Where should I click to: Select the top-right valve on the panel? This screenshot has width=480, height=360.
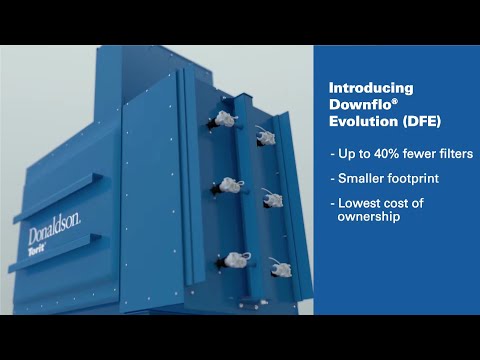pyautogui.click(x=265, y=134)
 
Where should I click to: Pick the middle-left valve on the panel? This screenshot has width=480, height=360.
pyautogui.click(x=229, y=185)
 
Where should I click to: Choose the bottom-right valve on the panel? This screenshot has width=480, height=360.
pyautogui.click(x=282, y=271)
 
